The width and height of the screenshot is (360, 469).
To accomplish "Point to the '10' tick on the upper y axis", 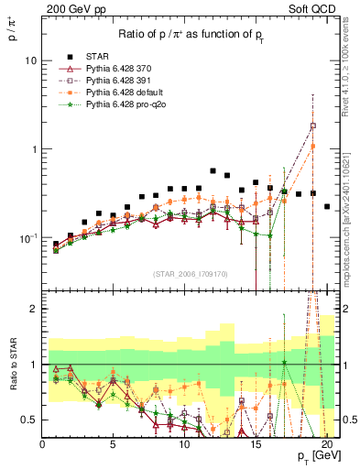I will pos(30,60).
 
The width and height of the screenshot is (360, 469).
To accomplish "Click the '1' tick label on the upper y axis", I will pos(33,149).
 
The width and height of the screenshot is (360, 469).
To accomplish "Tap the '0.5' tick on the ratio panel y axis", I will pos(28,420).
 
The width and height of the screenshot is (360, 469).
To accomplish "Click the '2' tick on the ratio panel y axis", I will pos(33,310).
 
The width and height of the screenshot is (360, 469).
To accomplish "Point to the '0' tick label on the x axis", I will pos(42,445).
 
